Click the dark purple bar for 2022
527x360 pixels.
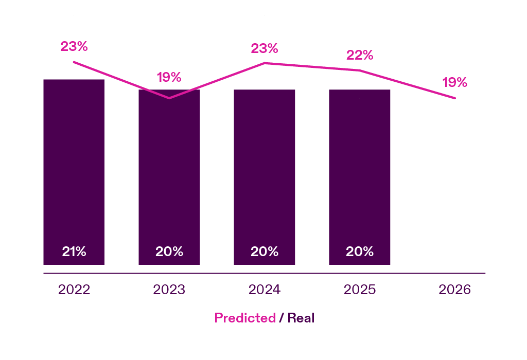[74, 170]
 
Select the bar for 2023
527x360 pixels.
[169, 175]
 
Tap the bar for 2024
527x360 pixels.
[264, 175]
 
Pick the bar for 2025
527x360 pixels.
[359, 175]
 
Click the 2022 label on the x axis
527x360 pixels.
[74, 290]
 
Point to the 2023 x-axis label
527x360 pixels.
[169, 290]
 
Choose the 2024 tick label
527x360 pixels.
[265, 290]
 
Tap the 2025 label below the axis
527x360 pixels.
[360, 290]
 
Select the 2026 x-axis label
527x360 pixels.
[455, 290]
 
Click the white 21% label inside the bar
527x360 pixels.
[74, 252]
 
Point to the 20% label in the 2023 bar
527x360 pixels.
[169, 252]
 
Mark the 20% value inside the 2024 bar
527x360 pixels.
[265, 252]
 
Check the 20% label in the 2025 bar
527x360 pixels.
[360, 252]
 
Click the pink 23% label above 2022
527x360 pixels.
[74, 46]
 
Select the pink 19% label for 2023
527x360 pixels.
[169, 78]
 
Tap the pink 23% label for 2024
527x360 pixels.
[265, 49]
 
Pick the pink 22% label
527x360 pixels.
[360, 56]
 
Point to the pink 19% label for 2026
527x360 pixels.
[455, 82]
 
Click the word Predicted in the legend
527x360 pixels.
[245, 318]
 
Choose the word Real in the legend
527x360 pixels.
[301, 318]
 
